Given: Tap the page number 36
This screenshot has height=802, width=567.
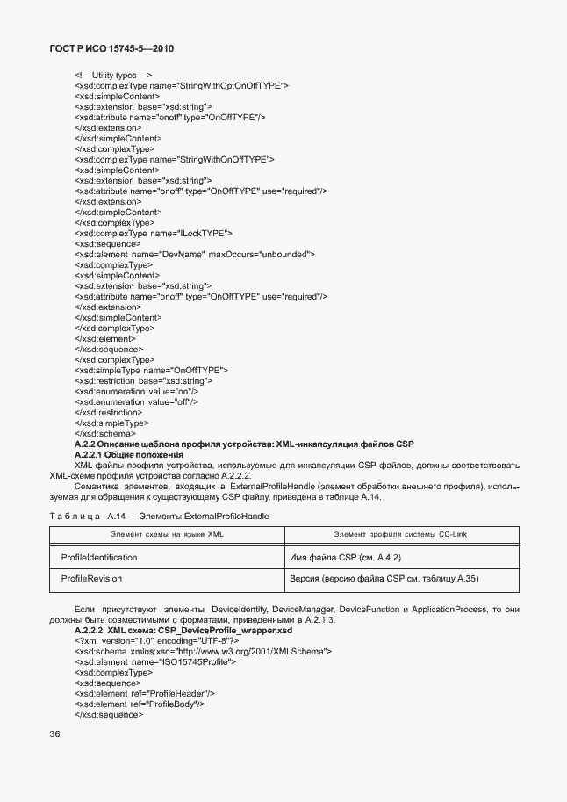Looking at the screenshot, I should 54,734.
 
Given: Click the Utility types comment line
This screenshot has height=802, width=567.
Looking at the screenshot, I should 114,76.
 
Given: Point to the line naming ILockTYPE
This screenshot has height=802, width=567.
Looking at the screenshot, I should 154,233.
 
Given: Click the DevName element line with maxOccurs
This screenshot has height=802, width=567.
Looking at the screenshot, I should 195,254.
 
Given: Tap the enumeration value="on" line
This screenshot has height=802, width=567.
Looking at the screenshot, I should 136,391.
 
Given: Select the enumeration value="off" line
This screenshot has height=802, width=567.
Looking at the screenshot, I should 137,401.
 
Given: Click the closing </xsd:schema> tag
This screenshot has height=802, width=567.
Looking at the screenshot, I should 105,433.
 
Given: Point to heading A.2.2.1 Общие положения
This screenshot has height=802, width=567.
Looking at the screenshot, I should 129,454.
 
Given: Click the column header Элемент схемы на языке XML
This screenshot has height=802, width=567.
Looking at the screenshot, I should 167,535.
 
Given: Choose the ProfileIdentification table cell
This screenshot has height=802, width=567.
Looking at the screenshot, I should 99,558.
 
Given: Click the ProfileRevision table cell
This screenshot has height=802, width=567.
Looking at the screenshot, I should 91,579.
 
